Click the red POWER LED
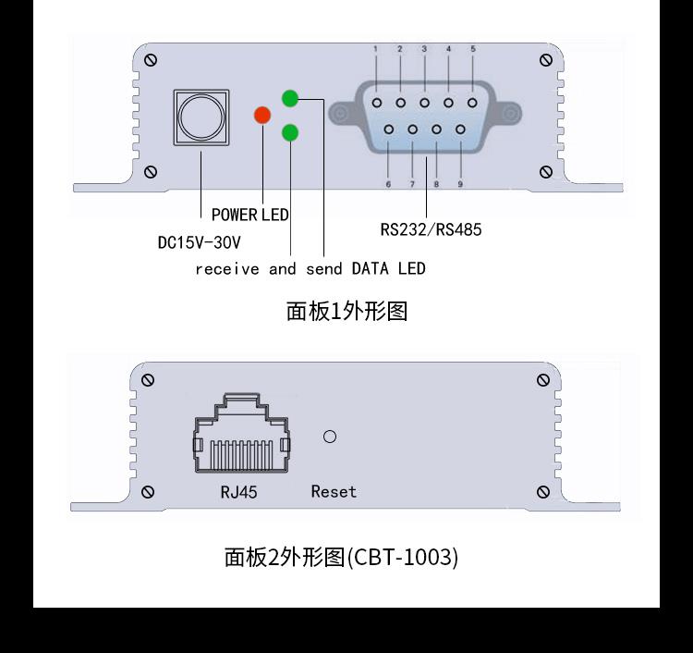click(262, 115)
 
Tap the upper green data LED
click(290, 97)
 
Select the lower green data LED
click(290, 132)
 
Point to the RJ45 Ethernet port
click(241, 435)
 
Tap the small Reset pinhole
click(329, 437)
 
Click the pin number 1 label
click(376, 49)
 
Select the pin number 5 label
click(472, 49)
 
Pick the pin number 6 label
click(388, 184)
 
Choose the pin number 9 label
click(459, 184)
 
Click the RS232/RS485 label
click(431, 229)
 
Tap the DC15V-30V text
click(199, 243)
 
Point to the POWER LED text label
click(249, 215)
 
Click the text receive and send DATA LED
click(310, 269)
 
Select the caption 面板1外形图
click(346, 311)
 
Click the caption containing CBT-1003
click(341, 557)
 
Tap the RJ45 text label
click(238, 492)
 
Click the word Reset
click(334, 492)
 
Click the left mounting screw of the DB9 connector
click(342, 114)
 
